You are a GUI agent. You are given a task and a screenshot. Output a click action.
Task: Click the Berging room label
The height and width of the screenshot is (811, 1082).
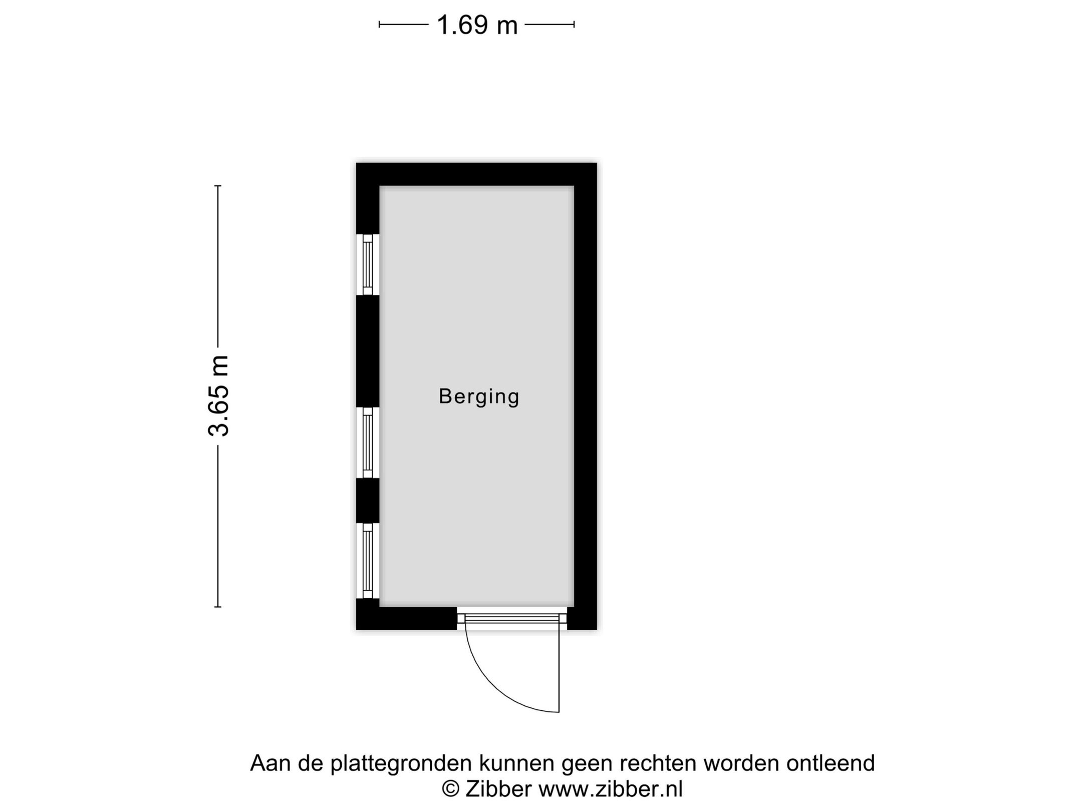(479, 396)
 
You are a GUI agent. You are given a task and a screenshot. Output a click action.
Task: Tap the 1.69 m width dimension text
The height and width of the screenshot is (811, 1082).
(477, 25)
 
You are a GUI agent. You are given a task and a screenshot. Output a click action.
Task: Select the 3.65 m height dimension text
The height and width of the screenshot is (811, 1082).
(219, 396)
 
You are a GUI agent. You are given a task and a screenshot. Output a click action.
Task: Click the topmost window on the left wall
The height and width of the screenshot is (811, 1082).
(368, 265)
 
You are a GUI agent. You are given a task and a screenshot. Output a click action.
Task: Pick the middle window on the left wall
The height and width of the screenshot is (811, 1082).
(368, 443)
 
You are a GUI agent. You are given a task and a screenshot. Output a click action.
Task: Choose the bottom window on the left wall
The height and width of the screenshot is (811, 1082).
(368, 560)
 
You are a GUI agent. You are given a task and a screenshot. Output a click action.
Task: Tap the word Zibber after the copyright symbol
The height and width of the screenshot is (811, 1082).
(498, 789)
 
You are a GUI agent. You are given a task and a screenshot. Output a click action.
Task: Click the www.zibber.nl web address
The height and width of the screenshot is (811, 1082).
(610, 789)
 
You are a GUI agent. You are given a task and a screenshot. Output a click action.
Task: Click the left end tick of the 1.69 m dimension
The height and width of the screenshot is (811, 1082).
(379, 24)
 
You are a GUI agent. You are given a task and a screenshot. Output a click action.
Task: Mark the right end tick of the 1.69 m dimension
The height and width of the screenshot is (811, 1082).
(574, 24)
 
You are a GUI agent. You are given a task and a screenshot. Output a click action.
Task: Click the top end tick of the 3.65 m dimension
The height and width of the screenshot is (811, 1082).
(218, 186)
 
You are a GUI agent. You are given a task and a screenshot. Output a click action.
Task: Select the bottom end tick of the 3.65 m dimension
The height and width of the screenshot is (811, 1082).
(218, 607)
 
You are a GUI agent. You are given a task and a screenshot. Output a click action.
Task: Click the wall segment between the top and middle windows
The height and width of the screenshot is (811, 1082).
(368, 350)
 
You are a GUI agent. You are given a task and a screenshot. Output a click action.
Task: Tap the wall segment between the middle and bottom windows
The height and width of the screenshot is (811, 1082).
(368, 501)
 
